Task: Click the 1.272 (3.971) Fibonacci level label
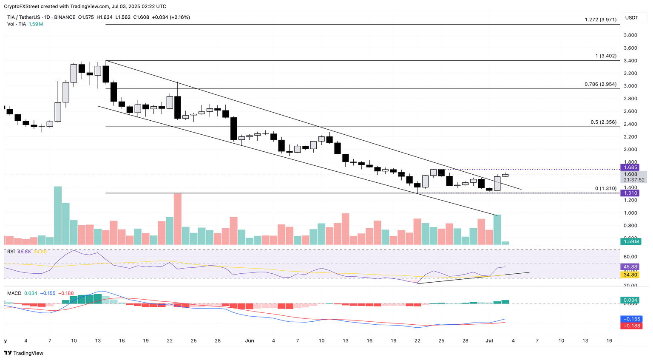600,20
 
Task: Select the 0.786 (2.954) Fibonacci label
600,84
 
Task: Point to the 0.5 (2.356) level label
603,122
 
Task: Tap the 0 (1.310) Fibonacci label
605,188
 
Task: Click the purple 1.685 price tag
630,167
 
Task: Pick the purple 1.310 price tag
630,193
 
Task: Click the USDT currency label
631,17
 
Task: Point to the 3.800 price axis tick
630,35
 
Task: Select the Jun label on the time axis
250,341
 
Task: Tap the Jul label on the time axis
489,341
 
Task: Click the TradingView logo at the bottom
24,353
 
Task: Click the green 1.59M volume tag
630,241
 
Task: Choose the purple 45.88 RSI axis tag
630,267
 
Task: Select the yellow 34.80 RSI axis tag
630,275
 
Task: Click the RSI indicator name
11,252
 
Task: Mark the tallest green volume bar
58,215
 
